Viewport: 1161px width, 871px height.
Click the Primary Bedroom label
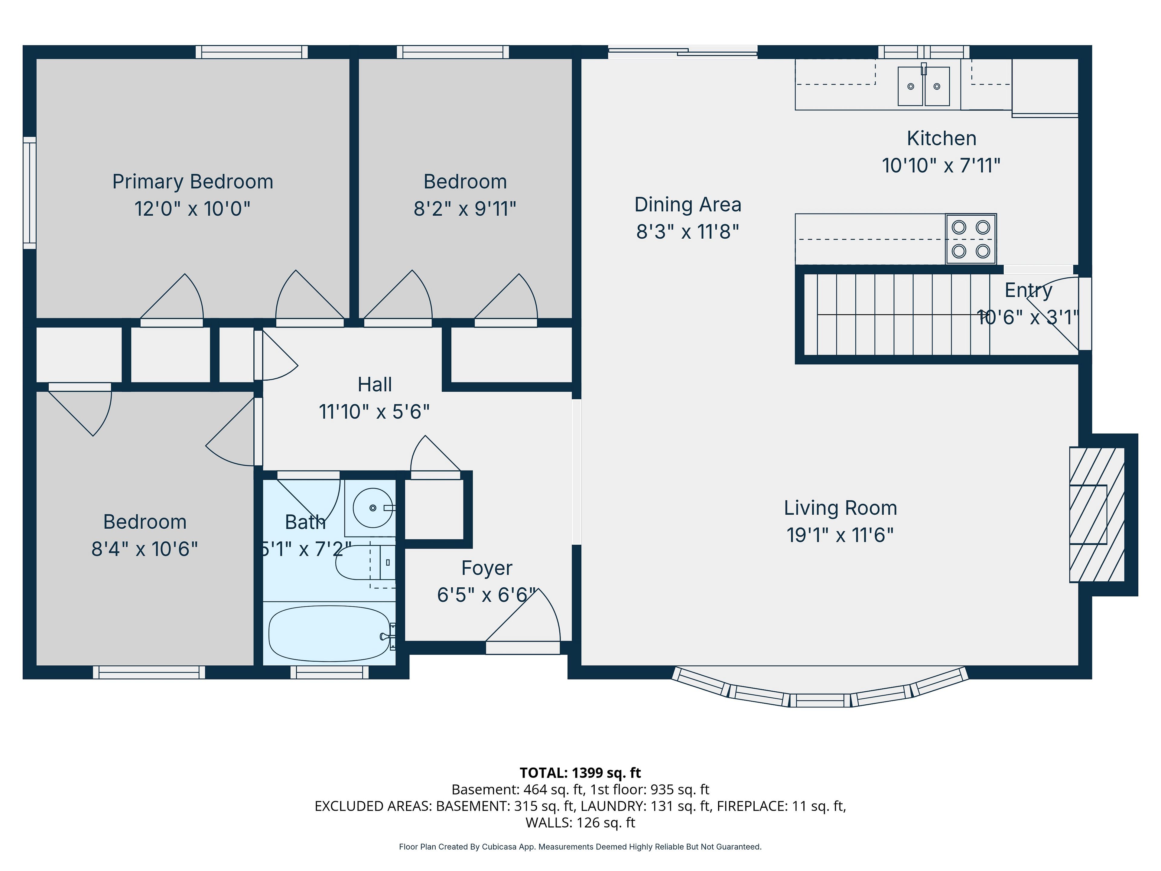(193, 182)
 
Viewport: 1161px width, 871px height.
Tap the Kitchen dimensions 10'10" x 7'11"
(941, 165)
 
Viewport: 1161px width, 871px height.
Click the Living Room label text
(840, 508)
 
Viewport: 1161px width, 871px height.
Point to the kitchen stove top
(971, 239)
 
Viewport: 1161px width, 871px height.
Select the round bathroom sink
(373, 508)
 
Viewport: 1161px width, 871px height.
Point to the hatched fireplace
(1097, 514)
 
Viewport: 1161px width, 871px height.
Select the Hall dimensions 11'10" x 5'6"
(374, 412)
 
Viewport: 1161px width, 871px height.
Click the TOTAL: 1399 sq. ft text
(580, 773)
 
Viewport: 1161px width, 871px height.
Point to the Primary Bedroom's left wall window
(29, 193)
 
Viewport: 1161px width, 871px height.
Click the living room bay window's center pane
(820, 700)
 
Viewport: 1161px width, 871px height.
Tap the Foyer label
(486, 568)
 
